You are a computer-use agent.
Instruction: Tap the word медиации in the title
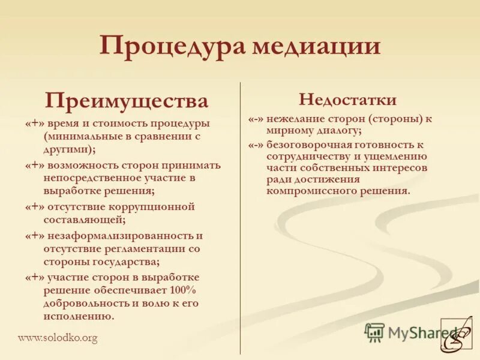pyautogui.click(x=316, y=46)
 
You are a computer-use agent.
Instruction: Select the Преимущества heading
pyautogui.click(x=127, y=100)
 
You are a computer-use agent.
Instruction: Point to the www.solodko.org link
pyautogui.click(x=57, y=338)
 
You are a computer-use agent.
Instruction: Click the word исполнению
pyautogui.click(x=77, y=316)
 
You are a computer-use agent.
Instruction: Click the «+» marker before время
pyautogui.click(x=35, y=124)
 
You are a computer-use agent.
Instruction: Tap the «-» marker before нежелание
pyautogui.click(x=257, y=119)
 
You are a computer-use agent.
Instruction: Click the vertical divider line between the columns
pyautogui.click(x=241, y=216)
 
